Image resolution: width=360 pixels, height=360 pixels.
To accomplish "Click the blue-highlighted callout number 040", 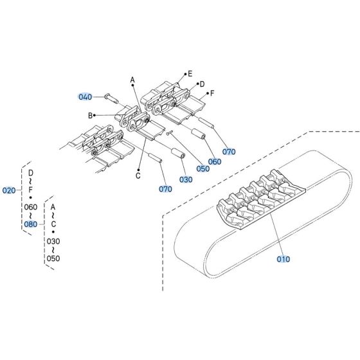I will pyautogui.click(x=85, y=96).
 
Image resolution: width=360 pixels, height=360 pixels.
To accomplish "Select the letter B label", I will pyautogui.click(x=90, y=115).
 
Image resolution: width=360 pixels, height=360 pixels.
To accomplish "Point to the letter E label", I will pyautogui.click(x=189, y=74).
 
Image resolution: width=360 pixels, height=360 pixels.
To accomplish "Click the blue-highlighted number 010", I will pyautogui.click(x=283, y=259).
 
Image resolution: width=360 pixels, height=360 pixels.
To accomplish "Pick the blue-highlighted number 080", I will pyautogui.click(x=30, y=224).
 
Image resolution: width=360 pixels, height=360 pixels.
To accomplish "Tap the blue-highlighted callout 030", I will pyautogui.click(x=185, y=179).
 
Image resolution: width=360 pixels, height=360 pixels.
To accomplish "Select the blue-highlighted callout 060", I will pyautogui.click(x=215, y=161).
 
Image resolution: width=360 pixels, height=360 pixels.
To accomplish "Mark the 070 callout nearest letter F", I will pyautogui.click(x=228, y=151).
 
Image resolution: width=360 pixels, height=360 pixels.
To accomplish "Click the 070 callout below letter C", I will pyautogui.click(x=165, y=190).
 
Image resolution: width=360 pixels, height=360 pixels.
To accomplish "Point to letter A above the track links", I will pyautogui.click(x=132, y=80).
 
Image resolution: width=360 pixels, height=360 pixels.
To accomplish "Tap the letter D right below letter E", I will pyautogui.click(x=201, y=84).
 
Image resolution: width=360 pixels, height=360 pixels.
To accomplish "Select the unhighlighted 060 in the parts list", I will pyautogui.click(x=30, y=207).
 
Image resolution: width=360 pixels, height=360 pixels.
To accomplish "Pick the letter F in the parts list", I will pyautogui.click(x=30, y=190).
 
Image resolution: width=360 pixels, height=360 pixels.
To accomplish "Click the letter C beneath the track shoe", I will pyautogui.click(x=138, y=175).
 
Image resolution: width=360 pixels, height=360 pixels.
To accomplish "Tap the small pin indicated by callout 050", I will pyautogui.click(x=170, y=134).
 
